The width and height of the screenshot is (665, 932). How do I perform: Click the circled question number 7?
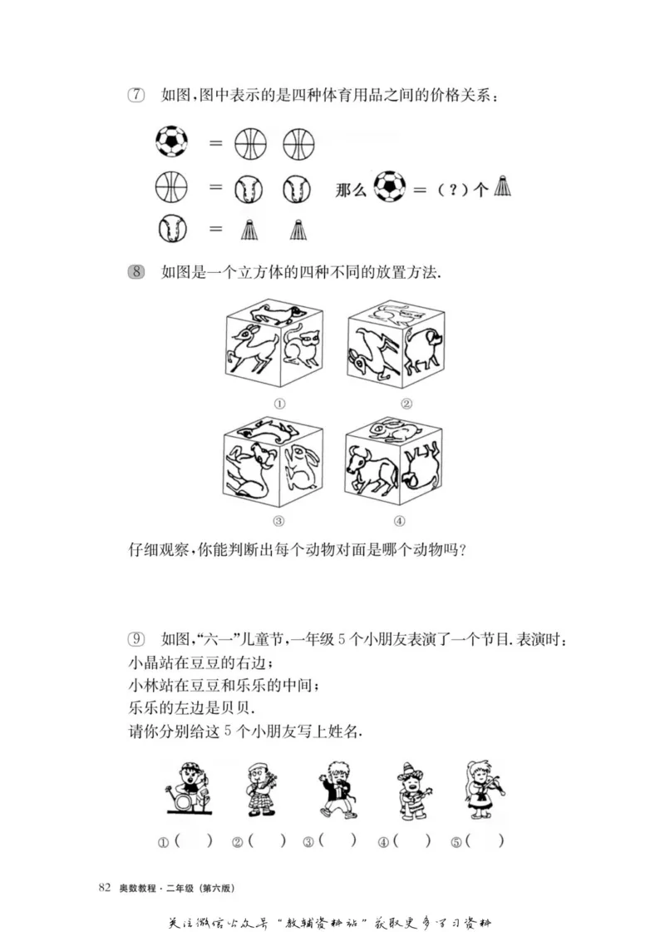coord(135,96)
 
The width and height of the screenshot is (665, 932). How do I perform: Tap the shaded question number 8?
coord(136,271)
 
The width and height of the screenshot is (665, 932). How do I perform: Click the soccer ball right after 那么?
coord(389,186)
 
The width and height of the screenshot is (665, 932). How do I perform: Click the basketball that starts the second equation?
coord(171,186)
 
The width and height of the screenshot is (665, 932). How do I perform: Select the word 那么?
coord(350,189)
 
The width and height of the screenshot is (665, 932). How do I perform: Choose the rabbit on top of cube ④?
coord(390,430)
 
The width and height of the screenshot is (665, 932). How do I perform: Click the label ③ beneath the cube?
coord(278,522)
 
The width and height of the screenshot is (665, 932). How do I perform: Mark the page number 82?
coord(105,887)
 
